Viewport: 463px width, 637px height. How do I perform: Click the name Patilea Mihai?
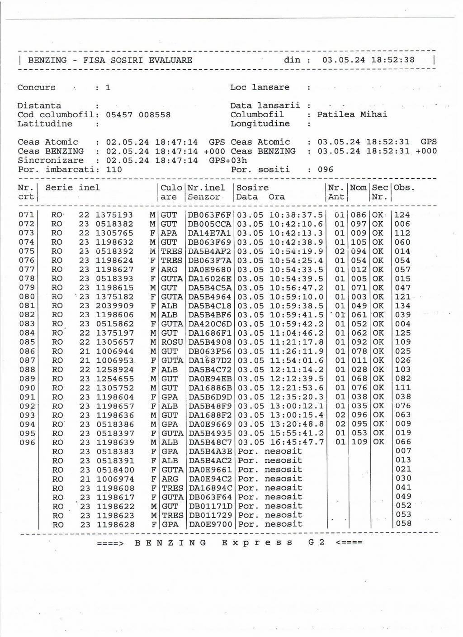(x=352, y=114)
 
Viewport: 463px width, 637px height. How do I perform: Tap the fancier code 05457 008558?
(x=138, y=115)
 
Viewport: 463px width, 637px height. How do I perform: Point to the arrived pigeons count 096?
(x=325, y=170)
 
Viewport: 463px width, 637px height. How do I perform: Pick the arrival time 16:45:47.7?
(x=297, y=442)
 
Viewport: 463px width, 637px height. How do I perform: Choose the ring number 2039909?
(x=115, y=306)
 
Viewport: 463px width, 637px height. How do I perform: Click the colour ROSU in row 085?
(x=172, y=342)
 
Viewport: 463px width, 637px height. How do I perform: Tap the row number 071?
(x=27, y=215)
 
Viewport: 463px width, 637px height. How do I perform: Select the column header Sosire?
(x=253, y=188)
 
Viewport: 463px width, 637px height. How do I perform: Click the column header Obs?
(x=404, y=188)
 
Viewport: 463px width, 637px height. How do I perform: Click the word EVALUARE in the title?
(x=170, y=60)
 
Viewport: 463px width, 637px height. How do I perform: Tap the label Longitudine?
(x=260, y=124)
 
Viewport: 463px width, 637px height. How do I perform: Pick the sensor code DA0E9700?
(x=210, y=524)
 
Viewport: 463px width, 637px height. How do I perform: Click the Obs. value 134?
(x=402, y=306)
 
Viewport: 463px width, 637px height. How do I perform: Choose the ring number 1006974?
(x=115, y=479)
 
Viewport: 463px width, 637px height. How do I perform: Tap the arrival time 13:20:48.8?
(x=297, y=424)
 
